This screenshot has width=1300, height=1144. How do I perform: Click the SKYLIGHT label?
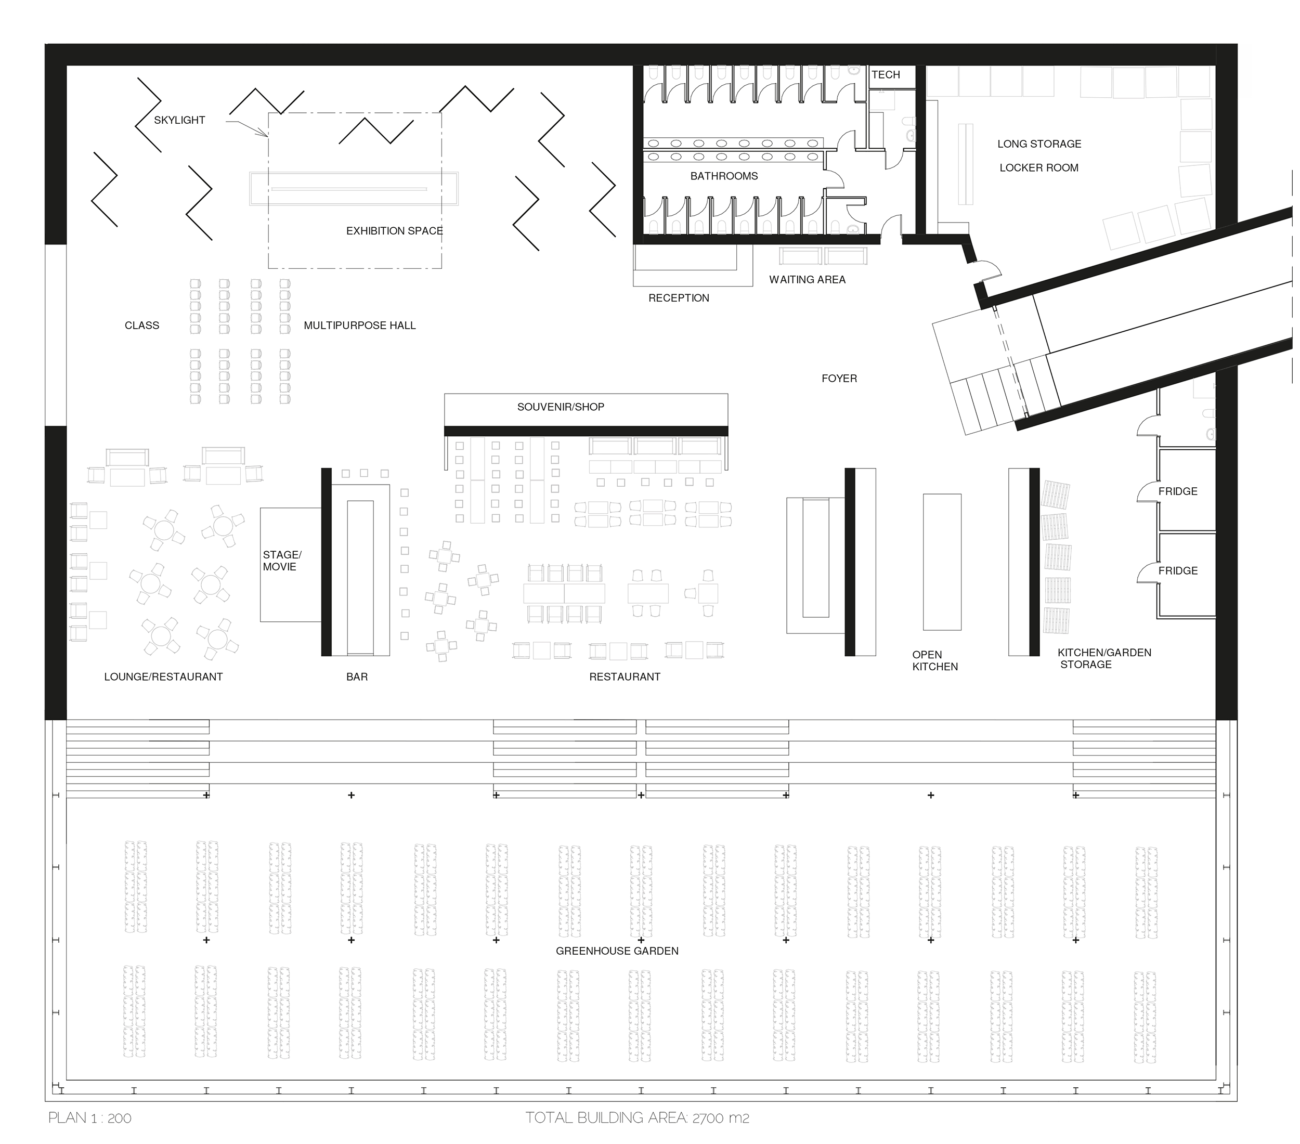click(179, 120)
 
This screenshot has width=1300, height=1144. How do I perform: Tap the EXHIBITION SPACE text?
click(394, 231)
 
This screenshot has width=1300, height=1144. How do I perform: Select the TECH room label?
click(886, 74)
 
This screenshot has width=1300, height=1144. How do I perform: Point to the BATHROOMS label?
click(724, 176)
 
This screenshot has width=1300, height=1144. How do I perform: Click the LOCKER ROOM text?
click(1038, 168)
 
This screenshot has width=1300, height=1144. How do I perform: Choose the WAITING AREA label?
click(807, 280)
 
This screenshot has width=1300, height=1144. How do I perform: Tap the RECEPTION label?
click(679, 298)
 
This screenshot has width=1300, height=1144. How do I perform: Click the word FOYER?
click(839, 379)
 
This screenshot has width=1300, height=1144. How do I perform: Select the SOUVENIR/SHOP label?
click(561, 407)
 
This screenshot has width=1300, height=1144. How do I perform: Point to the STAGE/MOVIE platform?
click(291, 565)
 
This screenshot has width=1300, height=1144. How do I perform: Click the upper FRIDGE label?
click(1178, 491)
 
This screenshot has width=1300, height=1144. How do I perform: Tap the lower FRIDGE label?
click(1178, 571)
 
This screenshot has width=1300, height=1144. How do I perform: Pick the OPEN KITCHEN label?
click(935, 661)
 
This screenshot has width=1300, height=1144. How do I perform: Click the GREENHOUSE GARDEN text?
click(617, 951)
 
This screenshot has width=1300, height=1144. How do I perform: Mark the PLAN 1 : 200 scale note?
click(89, 1118)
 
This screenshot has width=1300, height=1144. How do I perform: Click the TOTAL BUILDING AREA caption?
click(638, 1118)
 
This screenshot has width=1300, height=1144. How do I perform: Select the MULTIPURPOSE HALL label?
click(359, 326)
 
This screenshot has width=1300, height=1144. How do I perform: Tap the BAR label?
click(357, 677)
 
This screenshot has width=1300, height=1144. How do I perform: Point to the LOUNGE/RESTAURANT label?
click(163, 677)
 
